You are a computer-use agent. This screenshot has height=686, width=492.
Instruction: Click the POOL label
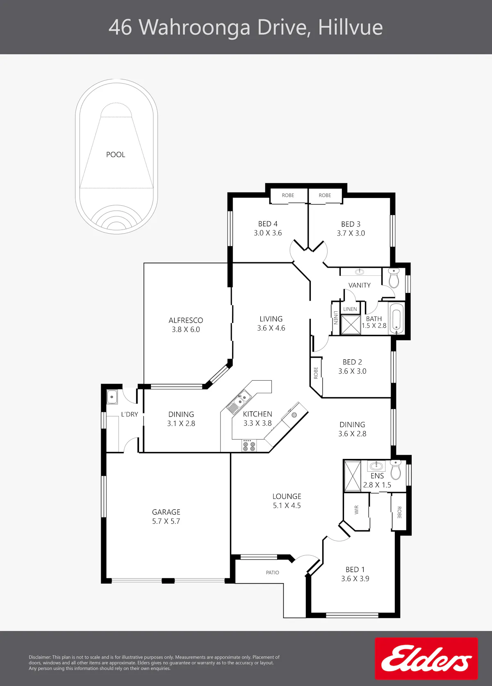(x=116, y=154)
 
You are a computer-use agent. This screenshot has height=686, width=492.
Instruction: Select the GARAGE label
(x=166, y=512)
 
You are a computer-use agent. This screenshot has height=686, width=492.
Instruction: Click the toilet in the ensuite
(x=396, y=470)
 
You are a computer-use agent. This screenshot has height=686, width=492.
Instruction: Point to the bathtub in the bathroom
(x=396, y=318)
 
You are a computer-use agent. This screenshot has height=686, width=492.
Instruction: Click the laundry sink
(x=112, y=397)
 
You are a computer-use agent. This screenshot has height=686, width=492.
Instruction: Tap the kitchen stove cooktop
(x=249, y=446)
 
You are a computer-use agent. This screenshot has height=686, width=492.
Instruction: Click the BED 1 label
(x=355, y=570)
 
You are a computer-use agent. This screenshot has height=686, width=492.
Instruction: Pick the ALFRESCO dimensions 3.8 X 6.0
(x=186, y=329)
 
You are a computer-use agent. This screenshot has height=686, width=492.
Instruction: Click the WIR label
(x=356, y=510)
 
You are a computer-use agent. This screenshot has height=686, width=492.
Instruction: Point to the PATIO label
(x=272, y=572)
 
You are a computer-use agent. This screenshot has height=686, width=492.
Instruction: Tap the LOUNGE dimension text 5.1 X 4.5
(x=287, y=506)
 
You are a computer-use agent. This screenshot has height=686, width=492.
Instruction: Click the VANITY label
(x=359, y=286)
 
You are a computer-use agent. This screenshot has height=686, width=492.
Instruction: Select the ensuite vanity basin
(x=376, y=466)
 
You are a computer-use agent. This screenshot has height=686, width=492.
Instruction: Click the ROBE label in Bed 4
(x=288, y=195)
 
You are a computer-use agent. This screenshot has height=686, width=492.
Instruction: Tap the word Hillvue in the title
(x=351, y=27)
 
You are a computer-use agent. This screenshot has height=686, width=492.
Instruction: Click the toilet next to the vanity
(x=394, y=278)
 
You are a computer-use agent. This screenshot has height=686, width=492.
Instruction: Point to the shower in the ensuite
(x=352, y=476)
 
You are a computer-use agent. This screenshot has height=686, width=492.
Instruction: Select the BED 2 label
(x=352, y=362)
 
